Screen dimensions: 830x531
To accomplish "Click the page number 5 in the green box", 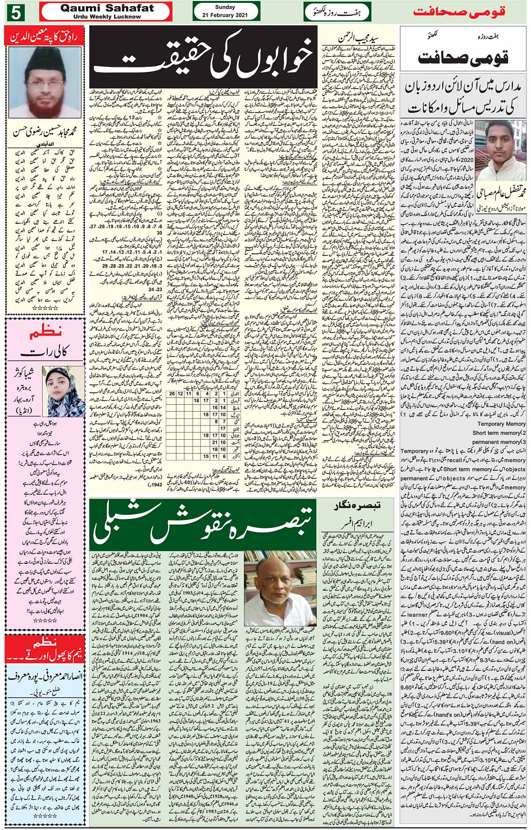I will click(x=17, y=11).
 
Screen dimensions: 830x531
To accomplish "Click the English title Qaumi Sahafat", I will click(x=107, y=8).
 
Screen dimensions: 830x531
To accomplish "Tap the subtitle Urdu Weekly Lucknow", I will click(x=107, y=17).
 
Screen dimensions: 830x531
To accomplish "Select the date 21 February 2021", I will click(x=225, y=15).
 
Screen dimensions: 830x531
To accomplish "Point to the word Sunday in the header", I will click(x=225, y=7).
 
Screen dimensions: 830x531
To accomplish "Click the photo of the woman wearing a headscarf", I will click(x=66, y=391).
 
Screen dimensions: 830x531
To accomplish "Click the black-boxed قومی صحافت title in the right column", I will click(x=463, y=57).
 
